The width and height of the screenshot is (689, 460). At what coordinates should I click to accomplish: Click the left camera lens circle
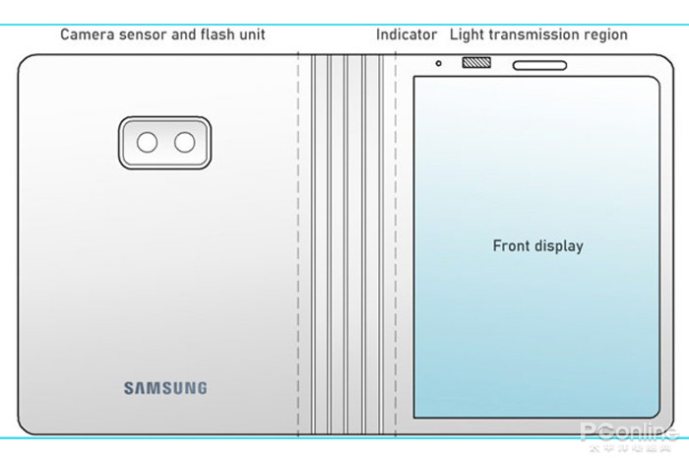(147, 143)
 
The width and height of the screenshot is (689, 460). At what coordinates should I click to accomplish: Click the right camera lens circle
(184, 143)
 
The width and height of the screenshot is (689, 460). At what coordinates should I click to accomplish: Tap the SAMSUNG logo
(165, 388)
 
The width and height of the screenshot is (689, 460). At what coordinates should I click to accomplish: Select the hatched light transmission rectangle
(475, 65)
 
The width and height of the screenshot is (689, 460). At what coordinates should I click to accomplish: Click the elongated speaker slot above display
(544, 67)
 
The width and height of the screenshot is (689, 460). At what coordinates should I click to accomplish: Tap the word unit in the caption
(253, 34)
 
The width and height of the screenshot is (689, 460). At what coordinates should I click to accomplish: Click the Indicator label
(407, 34)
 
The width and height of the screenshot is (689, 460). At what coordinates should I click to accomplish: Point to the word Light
(468, 34)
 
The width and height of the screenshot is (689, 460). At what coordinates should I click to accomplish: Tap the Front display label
(537, 245)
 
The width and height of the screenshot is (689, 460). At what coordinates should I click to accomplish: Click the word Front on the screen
(512, 245)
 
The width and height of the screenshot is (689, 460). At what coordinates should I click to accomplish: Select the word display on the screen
(559, 246)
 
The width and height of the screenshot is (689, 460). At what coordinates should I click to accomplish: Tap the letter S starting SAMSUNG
(129, 388)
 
